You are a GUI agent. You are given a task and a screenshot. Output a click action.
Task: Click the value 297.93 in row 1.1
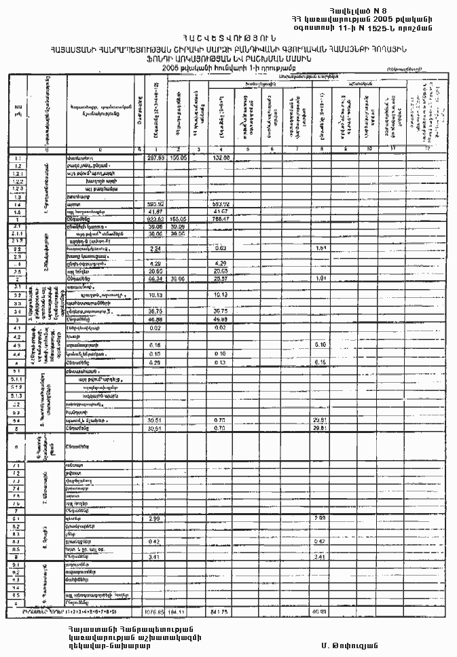156,157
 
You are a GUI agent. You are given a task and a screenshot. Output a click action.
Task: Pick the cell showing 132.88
222,157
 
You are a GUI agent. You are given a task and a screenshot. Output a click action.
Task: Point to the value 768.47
222,219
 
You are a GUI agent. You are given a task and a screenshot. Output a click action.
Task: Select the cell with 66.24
156,278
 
